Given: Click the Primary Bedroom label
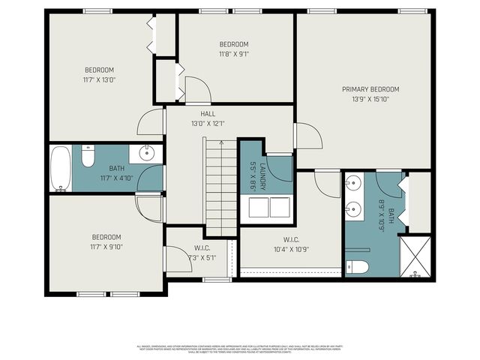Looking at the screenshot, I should coord(365,89).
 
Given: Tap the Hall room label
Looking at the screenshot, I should coord(208,114).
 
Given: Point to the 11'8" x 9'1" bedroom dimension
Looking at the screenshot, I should coord(233,54).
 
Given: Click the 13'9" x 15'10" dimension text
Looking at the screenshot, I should coord(365,99).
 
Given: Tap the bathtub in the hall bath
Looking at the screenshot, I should coord(61,168).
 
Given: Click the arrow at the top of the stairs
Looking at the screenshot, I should coord(221,142).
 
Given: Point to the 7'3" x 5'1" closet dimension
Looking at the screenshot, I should coord(202,257).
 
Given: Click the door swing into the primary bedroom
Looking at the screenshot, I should coord(309,137).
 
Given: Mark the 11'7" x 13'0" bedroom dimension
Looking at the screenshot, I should coord(100,79).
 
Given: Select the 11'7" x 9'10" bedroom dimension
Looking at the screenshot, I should coord(106,247).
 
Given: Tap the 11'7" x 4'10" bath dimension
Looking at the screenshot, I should coord(116,178).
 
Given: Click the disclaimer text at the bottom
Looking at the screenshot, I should coord(240,349).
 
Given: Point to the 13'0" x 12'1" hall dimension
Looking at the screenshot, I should coord(208,124).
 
